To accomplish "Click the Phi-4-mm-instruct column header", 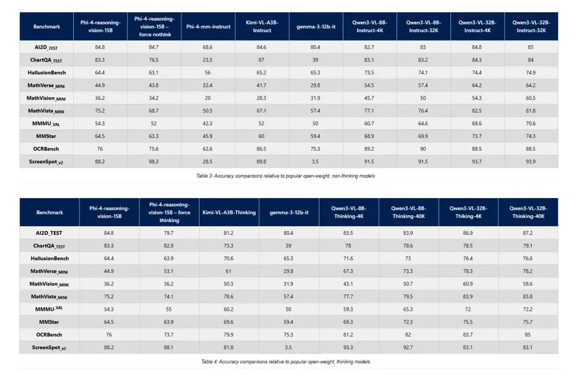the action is click(x=209, y=27).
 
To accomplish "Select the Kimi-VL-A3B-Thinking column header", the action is click(x=229, y=213).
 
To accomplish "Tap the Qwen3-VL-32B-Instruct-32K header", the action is click(x=531, y=27).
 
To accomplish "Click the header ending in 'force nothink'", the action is click(x=154, y=27).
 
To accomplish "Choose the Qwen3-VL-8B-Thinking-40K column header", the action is click(x=408, y=212).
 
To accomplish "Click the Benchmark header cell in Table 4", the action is click(x=50, y=213).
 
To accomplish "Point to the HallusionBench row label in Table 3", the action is click(x=47, y=73).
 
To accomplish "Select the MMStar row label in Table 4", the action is click(x=49, y=322).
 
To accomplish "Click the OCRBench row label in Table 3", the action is click(x=46, y=149).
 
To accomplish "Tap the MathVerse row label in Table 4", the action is click(x=49, y=272).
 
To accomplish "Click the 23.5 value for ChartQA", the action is click(x=207, y=60).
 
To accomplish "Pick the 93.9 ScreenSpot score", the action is click(x=531, y=162).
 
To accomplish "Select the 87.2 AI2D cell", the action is click(x=528, y=234).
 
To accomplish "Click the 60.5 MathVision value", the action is click(x=531, y=98).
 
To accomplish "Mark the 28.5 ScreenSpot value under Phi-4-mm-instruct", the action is click(x=207, y=162).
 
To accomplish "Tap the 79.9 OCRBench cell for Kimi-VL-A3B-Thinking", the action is click(x=228, y=335).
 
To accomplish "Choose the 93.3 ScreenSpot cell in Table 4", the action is click(x=348, y=348).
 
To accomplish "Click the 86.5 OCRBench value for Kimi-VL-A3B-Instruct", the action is click(x=262, y=149).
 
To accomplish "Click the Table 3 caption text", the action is click(x=285, y=176).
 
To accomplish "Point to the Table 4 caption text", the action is click(x=285, y=362).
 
